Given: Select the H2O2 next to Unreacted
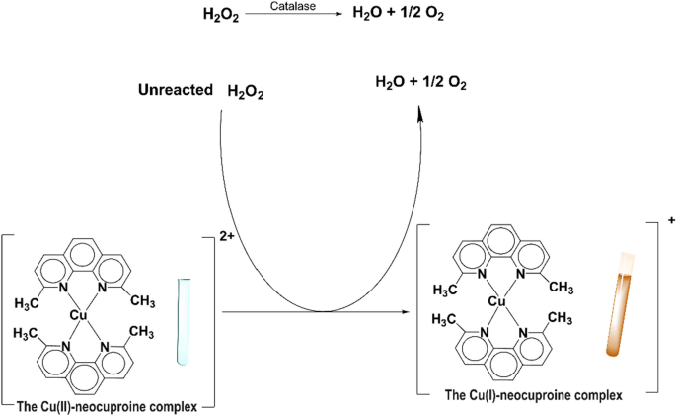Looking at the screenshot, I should [x=246, y=92].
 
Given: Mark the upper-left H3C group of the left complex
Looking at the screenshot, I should [x=29, y=299].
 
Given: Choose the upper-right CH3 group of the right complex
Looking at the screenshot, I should [x=561, y=288].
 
